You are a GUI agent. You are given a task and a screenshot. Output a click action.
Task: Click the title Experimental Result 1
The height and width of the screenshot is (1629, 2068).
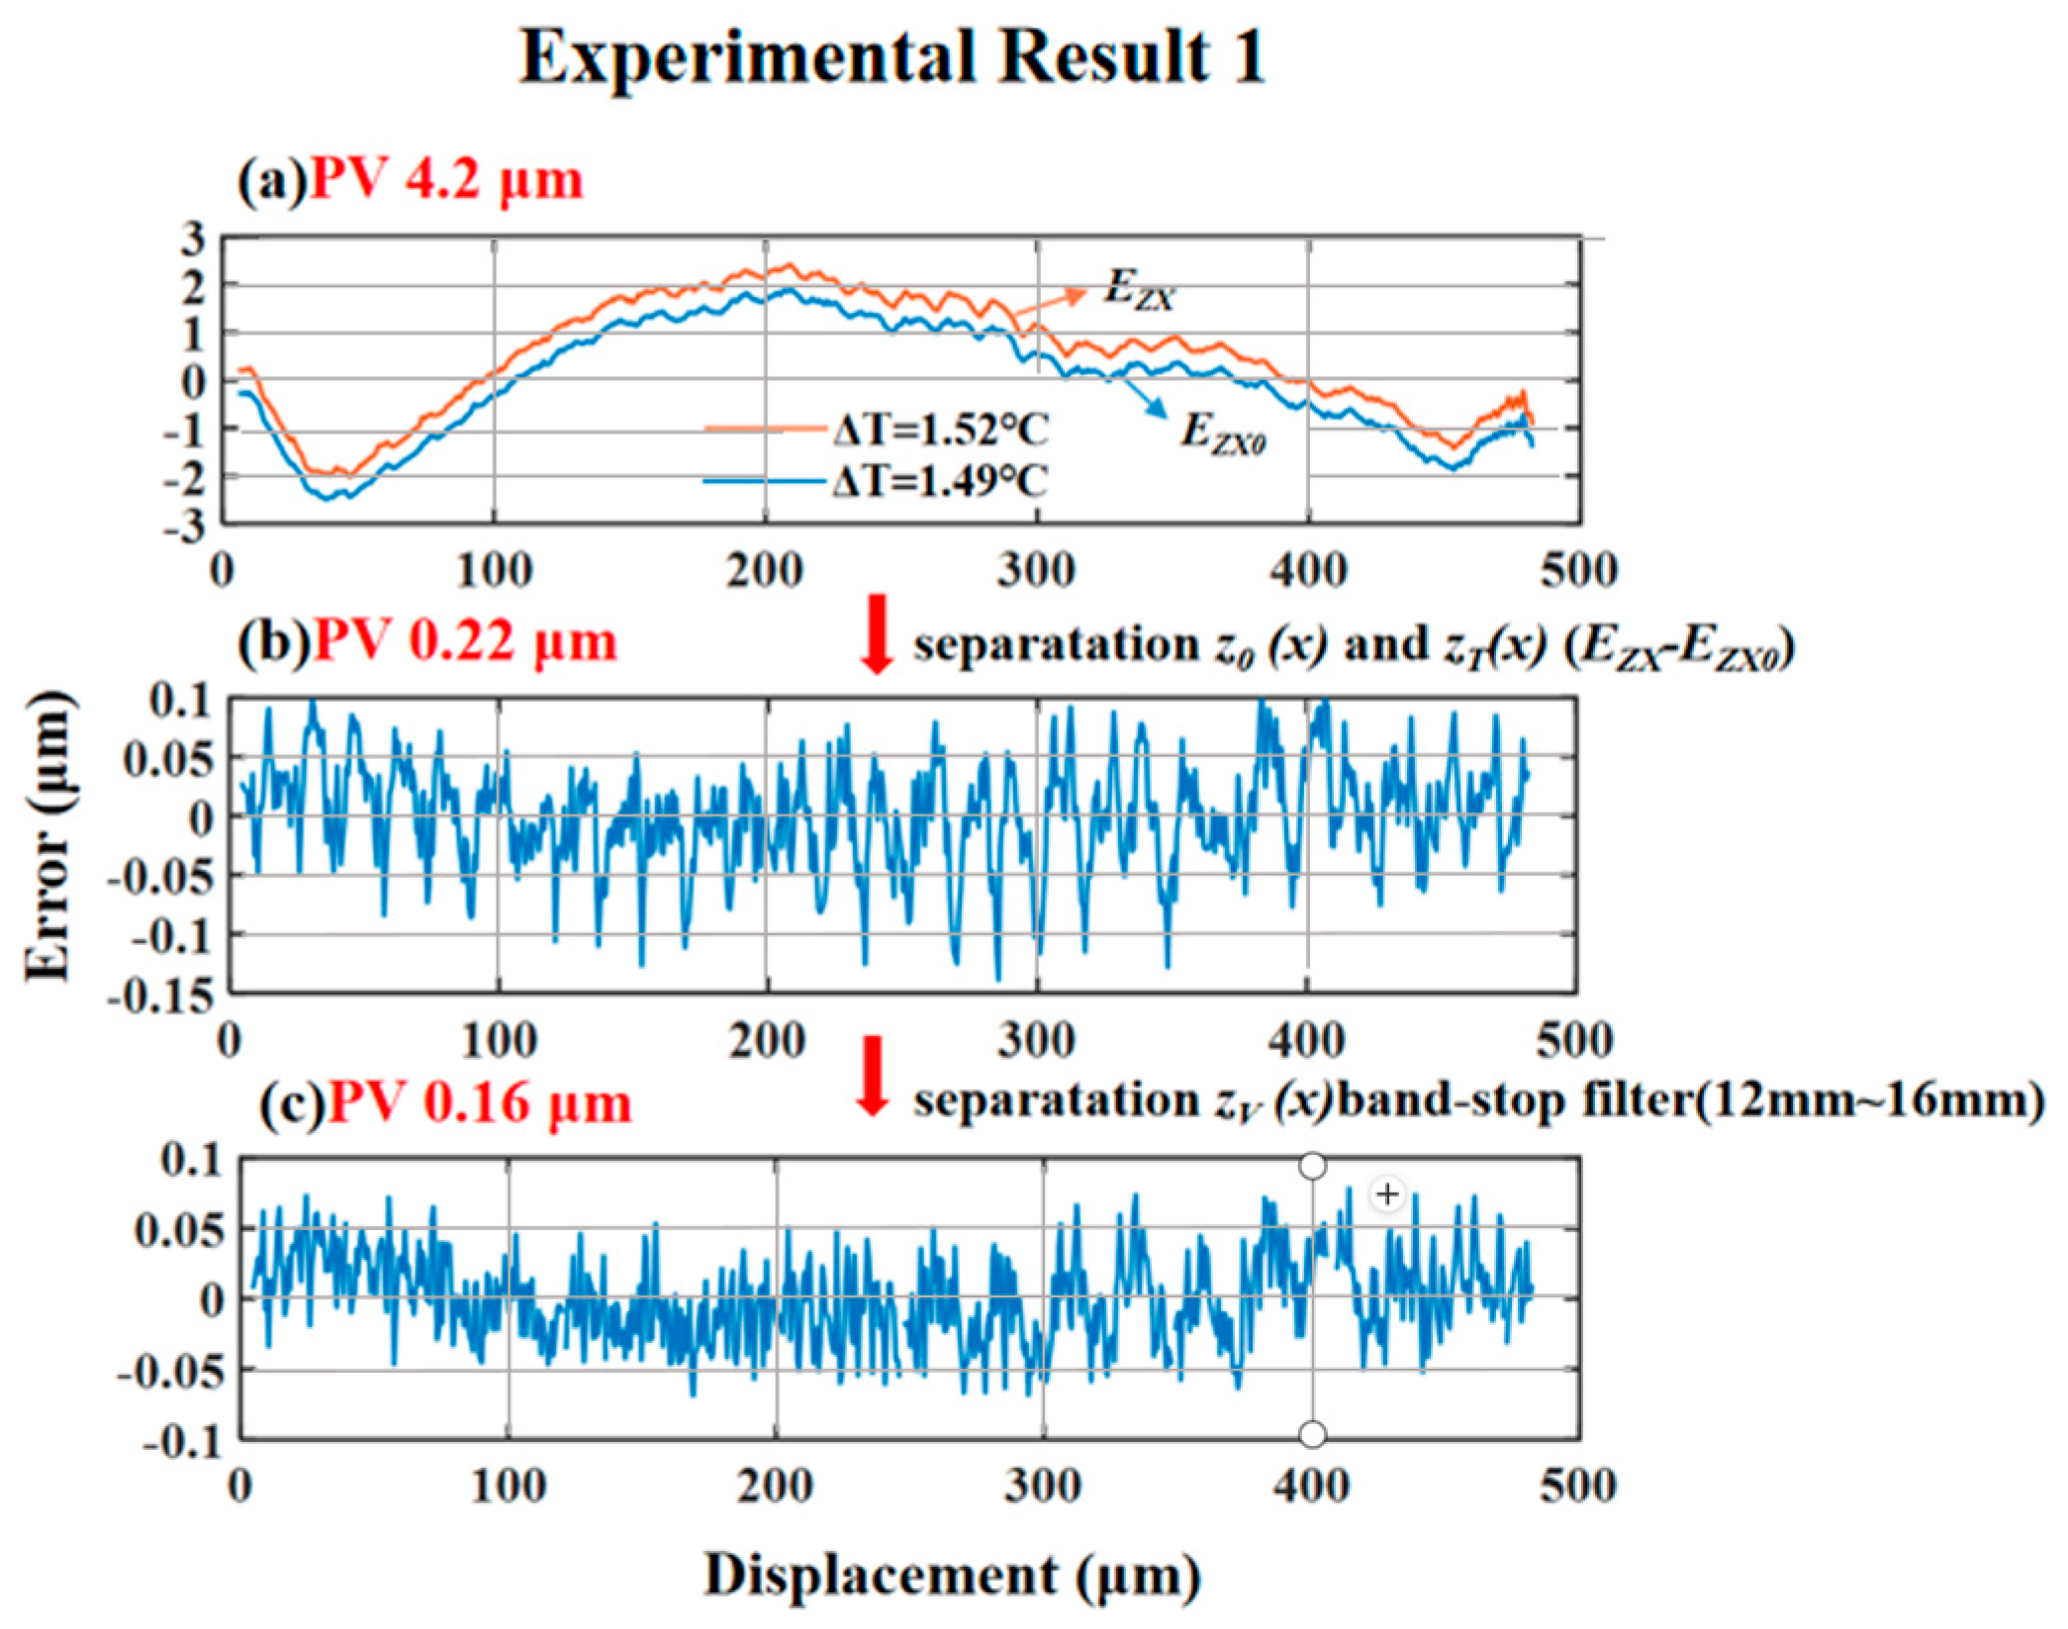click(x=893, y=56)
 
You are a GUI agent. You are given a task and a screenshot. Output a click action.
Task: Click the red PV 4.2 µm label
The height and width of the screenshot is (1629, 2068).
click(x=446, y=181)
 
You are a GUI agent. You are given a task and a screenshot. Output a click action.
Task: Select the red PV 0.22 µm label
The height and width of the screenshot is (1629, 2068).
click(x=465, y=642)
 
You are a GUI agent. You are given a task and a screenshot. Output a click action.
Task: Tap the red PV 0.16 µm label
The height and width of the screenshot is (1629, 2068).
click(x=480, y=1103)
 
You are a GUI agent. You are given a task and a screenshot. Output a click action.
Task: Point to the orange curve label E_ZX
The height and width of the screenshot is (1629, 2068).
click(x=1138, y=289)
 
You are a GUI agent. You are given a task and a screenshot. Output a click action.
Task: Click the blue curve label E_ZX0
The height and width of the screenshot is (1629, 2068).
click(x=1222, y=432)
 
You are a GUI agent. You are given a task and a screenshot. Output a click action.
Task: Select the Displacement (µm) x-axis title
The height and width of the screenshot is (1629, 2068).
click(x=952, y=1574)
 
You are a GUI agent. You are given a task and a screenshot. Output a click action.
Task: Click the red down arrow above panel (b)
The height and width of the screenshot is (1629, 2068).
click(x=876, y=633)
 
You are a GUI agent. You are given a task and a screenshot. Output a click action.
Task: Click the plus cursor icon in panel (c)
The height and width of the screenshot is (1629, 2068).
click(x=1387, y=1195)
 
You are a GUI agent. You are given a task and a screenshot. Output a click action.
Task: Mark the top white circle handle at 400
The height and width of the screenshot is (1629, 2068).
click(x=1312, y=1167)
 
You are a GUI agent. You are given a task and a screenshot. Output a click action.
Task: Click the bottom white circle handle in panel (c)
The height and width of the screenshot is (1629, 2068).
click(x=1312, y=1434)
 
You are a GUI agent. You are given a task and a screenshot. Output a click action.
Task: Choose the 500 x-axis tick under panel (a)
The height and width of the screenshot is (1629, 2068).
click(x=1579, y=571)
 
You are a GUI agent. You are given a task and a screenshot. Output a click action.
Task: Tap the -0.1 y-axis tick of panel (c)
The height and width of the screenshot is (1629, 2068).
click(x=184, y=1443)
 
